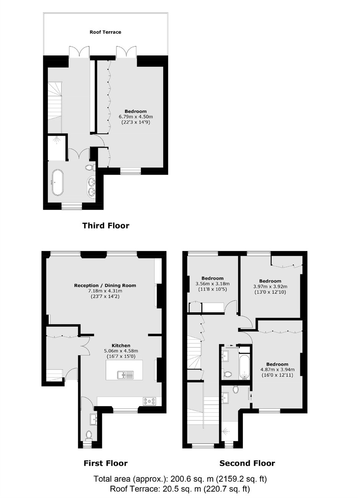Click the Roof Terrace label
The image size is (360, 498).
[x=105, y=32]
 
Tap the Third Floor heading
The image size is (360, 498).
[x=106, y=226]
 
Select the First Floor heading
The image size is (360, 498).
[x=105, y=463]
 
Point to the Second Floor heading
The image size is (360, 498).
[x=247, y=463]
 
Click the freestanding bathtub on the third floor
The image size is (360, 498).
[x=57, y=183]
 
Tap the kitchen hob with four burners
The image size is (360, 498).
[x=149, y=401]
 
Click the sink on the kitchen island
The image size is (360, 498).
[x=125, y=375]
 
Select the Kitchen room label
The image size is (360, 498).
[x=121, y=346]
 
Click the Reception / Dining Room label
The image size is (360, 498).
[x=105, y=285]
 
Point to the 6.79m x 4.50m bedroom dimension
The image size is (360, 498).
[x=136, y=117]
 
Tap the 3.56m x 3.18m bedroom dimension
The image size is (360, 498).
[x=213, y=284]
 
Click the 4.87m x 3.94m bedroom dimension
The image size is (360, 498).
[x=277, y=369]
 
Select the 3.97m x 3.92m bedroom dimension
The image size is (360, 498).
[x=270, y=287]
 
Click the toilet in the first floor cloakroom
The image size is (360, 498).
[x=89, y=435]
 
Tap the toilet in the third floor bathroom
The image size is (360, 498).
[x=90, y=167]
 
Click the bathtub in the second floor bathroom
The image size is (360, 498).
[x=244, y=367]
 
